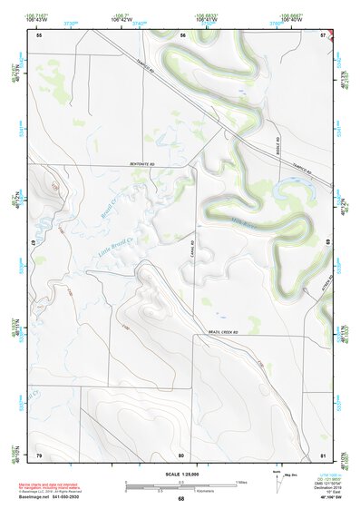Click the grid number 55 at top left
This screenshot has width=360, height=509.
click(x=39, y=35)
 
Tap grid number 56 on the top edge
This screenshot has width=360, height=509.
click(x=182, y=35)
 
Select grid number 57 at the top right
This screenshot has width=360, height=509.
click(x=324, y=35)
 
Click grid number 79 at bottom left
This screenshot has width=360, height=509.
click(x=39, y=454)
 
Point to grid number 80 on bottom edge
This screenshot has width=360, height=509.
click(x=181, y=454)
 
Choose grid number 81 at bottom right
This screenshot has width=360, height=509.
click(x=324, y=454)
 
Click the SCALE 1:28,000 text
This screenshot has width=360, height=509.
click(x=180, y=474)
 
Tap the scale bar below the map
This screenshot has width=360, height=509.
click(x=180, y=486)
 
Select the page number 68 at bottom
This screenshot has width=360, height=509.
click(x=180, y=499)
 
